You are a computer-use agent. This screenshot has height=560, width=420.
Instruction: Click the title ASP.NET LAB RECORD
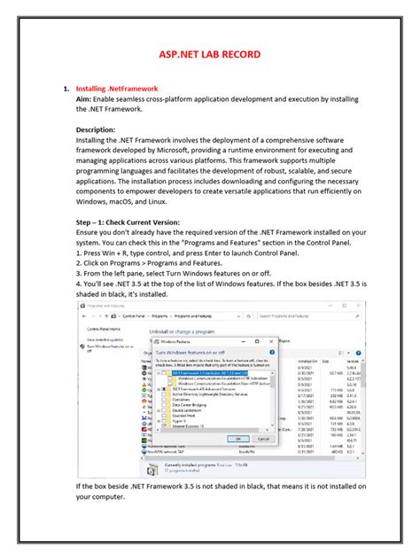click(210, 55)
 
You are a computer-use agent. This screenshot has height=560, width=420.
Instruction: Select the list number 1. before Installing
click(66, 89)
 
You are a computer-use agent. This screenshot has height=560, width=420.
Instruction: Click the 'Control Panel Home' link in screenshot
click(104, 328)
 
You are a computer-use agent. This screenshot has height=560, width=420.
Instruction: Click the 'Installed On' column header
click(307, 362)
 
